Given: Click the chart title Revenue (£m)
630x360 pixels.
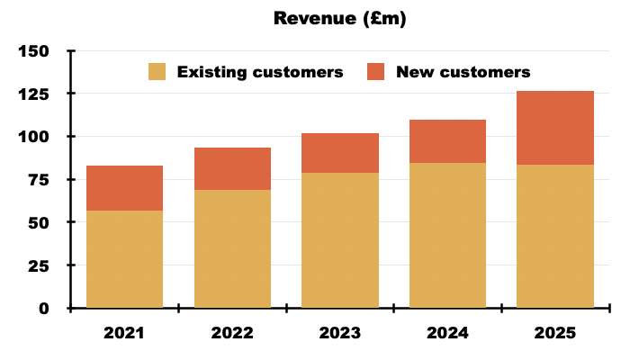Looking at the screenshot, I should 340,19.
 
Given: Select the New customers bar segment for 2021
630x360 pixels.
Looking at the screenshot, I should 124,188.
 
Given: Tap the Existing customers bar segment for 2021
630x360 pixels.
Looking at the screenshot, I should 124,259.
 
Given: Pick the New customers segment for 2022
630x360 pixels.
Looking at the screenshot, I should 232,168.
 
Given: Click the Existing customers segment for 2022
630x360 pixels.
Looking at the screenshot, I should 232,248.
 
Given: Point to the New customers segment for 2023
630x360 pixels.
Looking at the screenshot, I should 340,153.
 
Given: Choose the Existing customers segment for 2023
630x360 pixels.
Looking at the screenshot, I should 340,240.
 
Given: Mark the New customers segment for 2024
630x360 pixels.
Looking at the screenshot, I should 447,141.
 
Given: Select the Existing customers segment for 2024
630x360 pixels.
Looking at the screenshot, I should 447,236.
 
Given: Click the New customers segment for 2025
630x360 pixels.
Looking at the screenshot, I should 555,128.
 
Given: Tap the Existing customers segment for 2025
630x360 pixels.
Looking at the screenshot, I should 555,236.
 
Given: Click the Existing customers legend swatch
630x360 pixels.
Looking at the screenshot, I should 157,72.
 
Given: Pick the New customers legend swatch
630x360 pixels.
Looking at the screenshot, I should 376,72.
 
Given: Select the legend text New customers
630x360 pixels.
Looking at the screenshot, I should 463,72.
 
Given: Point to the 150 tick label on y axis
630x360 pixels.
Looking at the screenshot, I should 34,51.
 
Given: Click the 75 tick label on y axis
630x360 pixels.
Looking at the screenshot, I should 40,180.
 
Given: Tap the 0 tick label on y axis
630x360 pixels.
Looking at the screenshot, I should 45,309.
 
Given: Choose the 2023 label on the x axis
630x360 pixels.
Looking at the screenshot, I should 340,333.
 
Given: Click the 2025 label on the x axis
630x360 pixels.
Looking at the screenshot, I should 555,333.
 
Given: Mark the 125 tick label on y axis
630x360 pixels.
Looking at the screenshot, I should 34,94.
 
